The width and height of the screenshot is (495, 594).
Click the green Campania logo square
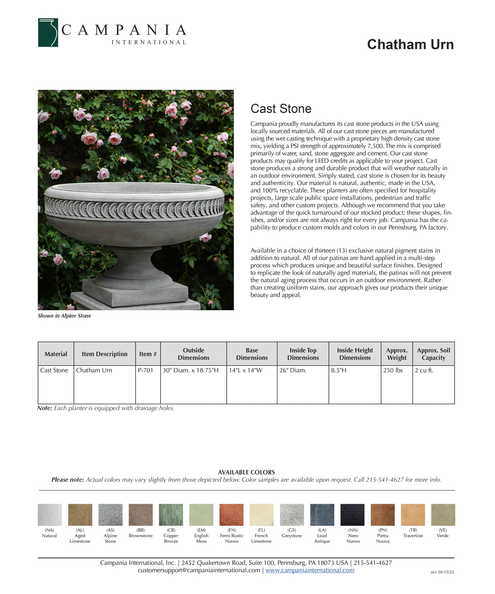(48, 32)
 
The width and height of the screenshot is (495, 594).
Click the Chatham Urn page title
(410, 44)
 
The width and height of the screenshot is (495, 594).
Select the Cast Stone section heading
(281, 109)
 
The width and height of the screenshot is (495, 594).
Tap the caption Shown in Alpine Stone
(64, 316)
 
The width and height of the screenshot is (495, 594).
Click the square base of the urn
(135, 293)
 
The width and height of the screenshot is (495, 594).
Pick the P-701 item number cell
(145, 370)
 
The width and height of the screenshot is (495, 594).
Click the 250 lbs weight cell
(393, 370)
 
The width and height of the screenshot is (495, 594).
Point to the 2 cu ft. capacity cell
(424, 370)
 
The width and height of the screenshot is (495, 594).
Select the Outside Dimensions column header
(193, 354)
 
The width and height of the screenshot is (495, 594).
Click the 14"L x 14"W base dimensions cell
(246, 370)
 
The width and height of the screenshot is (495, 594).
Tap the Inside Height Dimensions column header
(355, 354)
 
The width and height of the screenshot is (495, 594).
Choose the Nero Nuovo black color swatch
(352, 515)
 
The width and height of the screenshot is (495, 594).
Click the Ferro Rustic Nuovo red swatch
(232, 515)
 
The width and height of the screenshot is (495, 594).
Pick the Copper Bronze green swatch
(171, 515)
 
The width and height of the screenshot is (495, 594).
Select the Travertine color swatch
(413, 515)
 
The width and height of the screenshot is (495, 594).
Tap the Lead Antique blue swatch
(322, 515)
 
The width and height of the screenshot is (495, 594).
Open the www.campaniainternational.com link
(310, 570)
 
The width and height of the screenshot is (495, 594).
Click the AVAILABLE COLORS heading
(246, 472)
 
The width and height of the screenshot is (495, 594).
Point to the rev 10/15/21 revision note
(442, 572)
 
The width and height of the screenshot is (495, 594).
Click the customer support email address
(199, 570)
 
